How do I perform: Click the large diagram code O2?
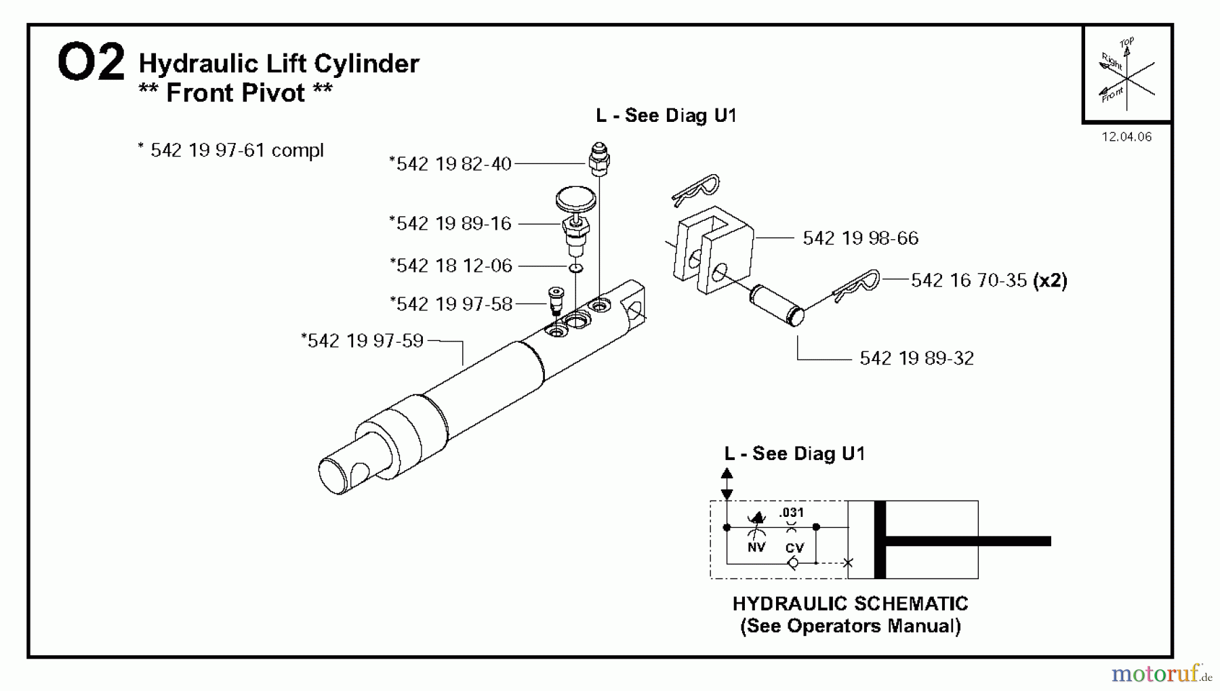click(x=91, y=62)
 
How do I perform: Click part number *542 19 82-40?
click(x=450, y=164)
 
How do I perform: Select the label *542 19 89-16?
click(x=450, y=224)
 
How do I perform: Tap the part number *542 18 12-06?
click(x=451, y=266)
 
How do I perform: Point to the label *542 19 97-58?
click(x=451, y=304)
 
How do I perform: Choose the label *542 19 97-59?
click(x=363, y=341)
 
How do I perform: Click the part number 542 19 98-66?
click(x=860, y=238)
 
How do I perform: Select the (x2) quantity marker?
click(x=1050, y=280)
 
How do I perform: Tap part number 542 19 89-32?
click(x=916, y=358)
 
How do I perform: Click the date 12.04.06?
click(x=1126, y=137)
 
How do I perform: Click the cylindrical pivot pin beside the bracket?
click(x=776, y=306)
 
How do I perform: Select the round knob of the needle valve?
click(x=575, y=199)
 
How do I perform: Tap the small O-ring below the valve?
click(x=575, y=268)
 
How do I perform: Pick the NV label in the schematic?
click(x=756, y=547)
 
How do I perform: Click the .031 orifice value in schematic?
click(x=791, y=513)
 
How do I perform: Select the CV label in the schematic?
click(x=794, y=548)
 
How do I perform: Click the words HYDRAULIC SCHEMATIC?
click(x=850, y=604)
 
